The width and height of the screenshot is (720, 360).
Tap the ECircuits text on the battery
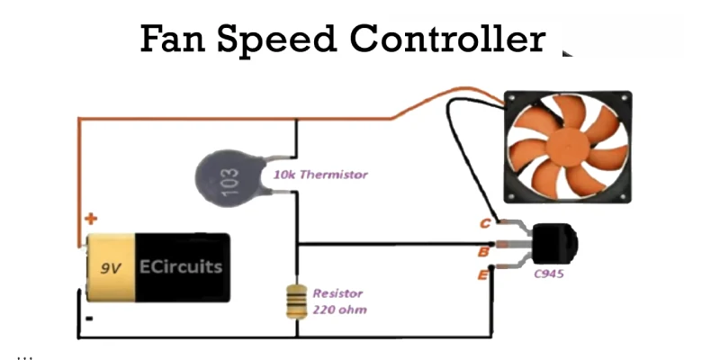pos(180,267)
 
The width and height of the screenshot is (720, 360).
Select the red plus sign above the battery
pos(90,219)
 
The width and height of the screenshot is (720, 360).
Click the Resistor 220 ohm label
pos(338,301)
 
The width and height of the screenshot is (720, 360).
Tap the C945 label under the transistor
pos(549,273)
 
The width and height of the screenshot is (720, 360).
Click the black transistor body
pos(553,243)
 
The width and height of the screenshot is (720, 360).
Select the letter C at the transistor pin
pos(485,223)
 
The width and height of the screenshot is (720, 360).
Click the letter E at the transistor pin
pos(483,273)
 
